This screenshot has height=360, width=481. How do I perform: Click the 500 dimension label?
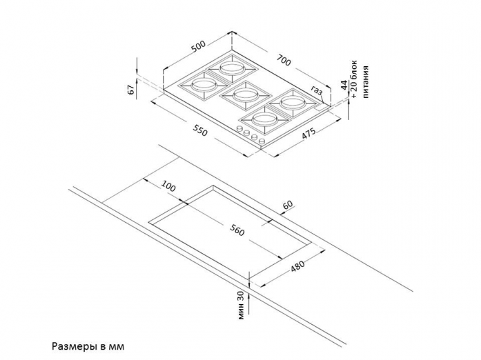pyautogui.click(x=198, y=47)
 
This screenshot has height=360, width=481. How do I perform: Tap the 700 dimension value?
pyautogui.click(x=283, y=60)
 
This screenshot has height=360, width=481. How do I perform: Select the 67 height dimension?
pyautogui.click(x=131, y=90)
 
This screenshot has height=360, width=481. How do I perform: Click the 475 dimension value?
pyautogui.click(x=308, y=134)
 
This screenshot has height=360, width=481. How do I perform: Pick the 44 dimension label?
pyautogui.click(x=344, y=85)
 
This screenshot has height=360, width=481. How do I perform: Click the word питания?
pyautogui.click(x=365, y=82)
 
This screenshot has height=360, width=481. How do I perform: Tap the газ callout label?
pyautogui.click(x=317, y=90)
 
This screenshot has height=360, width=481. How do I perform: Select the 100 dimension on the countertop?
pyautogui.click(x=168, y=186)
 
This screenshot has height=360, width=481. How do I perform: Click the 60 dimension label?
pyautogui.click(x=288, y=205)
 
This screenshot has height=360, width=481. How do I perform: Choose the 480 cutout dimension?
pyautogui.click(x=297, y=266)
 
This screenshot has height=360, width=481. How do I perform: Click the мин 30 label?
pyautogui.click(x=241, y=306)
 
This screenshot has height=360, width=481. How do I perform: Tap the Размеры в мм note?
pyautogui.click(x=88, y=346)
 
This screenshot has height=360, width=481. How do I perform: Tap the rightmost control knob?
pyautogui.click(x=262, y=141)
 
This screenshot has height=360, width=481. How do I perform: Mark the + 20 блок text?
pyautogui.click(x=355, y=79)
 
